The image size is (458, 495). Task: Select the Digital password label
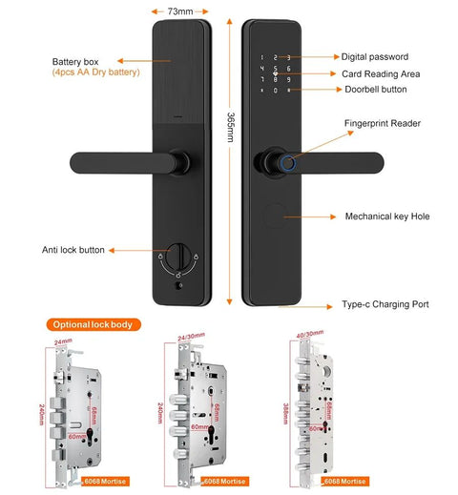click(377, 57)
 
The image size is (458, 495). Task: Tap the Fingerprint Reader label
click(382, 123)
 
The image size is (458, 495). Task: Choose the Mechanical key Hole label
click(386, 217)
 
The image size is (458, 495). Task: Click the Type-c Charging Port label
click(385, 304)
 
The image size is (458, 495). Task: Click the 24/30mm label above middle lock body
click(191, 336)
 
